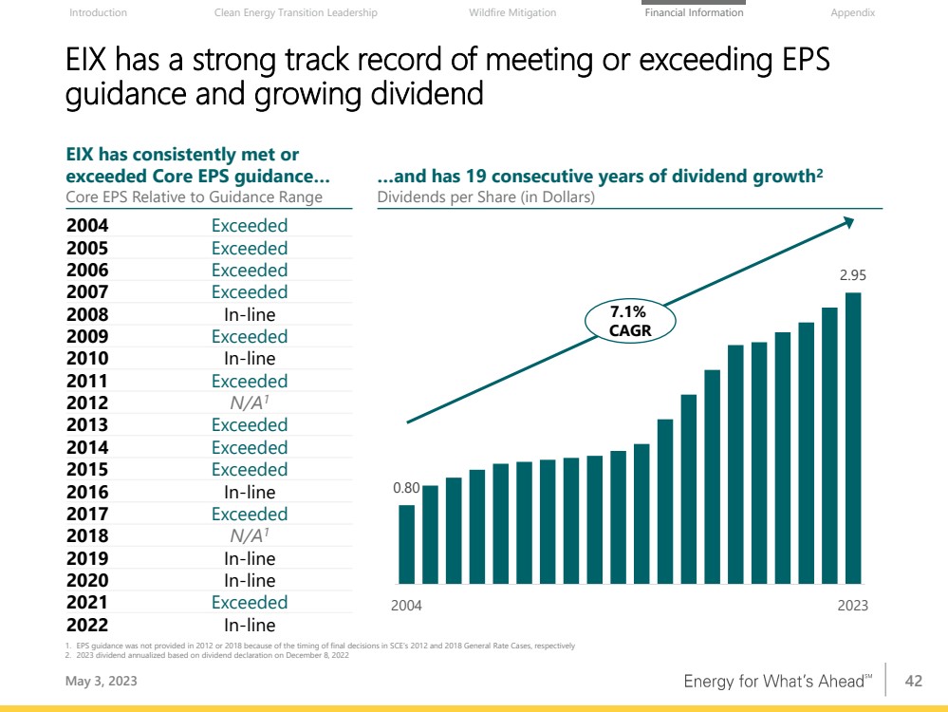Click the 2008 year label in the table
[x=87, y=314]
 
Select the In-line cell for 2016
[x=250, y=492]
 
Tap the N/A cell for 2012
[x=250, y=403]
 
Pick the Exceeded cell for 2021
[x=250, y=603]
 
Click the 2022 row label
[x=87, y=625]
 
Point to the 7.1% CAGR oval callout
[x=629, y=321]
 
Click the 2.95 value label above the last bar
[x=853, y=276]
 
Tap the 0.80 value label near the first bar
[x=406, y=489]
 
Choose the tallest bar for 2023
[x=854, y=438]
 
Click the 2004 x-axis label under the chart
[x=407, y=606]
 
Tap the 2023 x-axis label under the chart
[x=853, y=606]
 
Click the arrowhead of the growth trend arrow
[x=848, y=222]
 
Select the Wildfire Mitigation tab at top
[x=512, y=13]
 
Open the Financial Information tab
[x=694, y=13]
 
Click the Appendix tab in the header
[x=852, y=13]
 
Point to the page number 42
[x=914, y=681]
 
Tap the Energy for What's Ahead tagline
[x=777, y=682]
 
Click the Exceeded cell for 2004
[x=250, y=226]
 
